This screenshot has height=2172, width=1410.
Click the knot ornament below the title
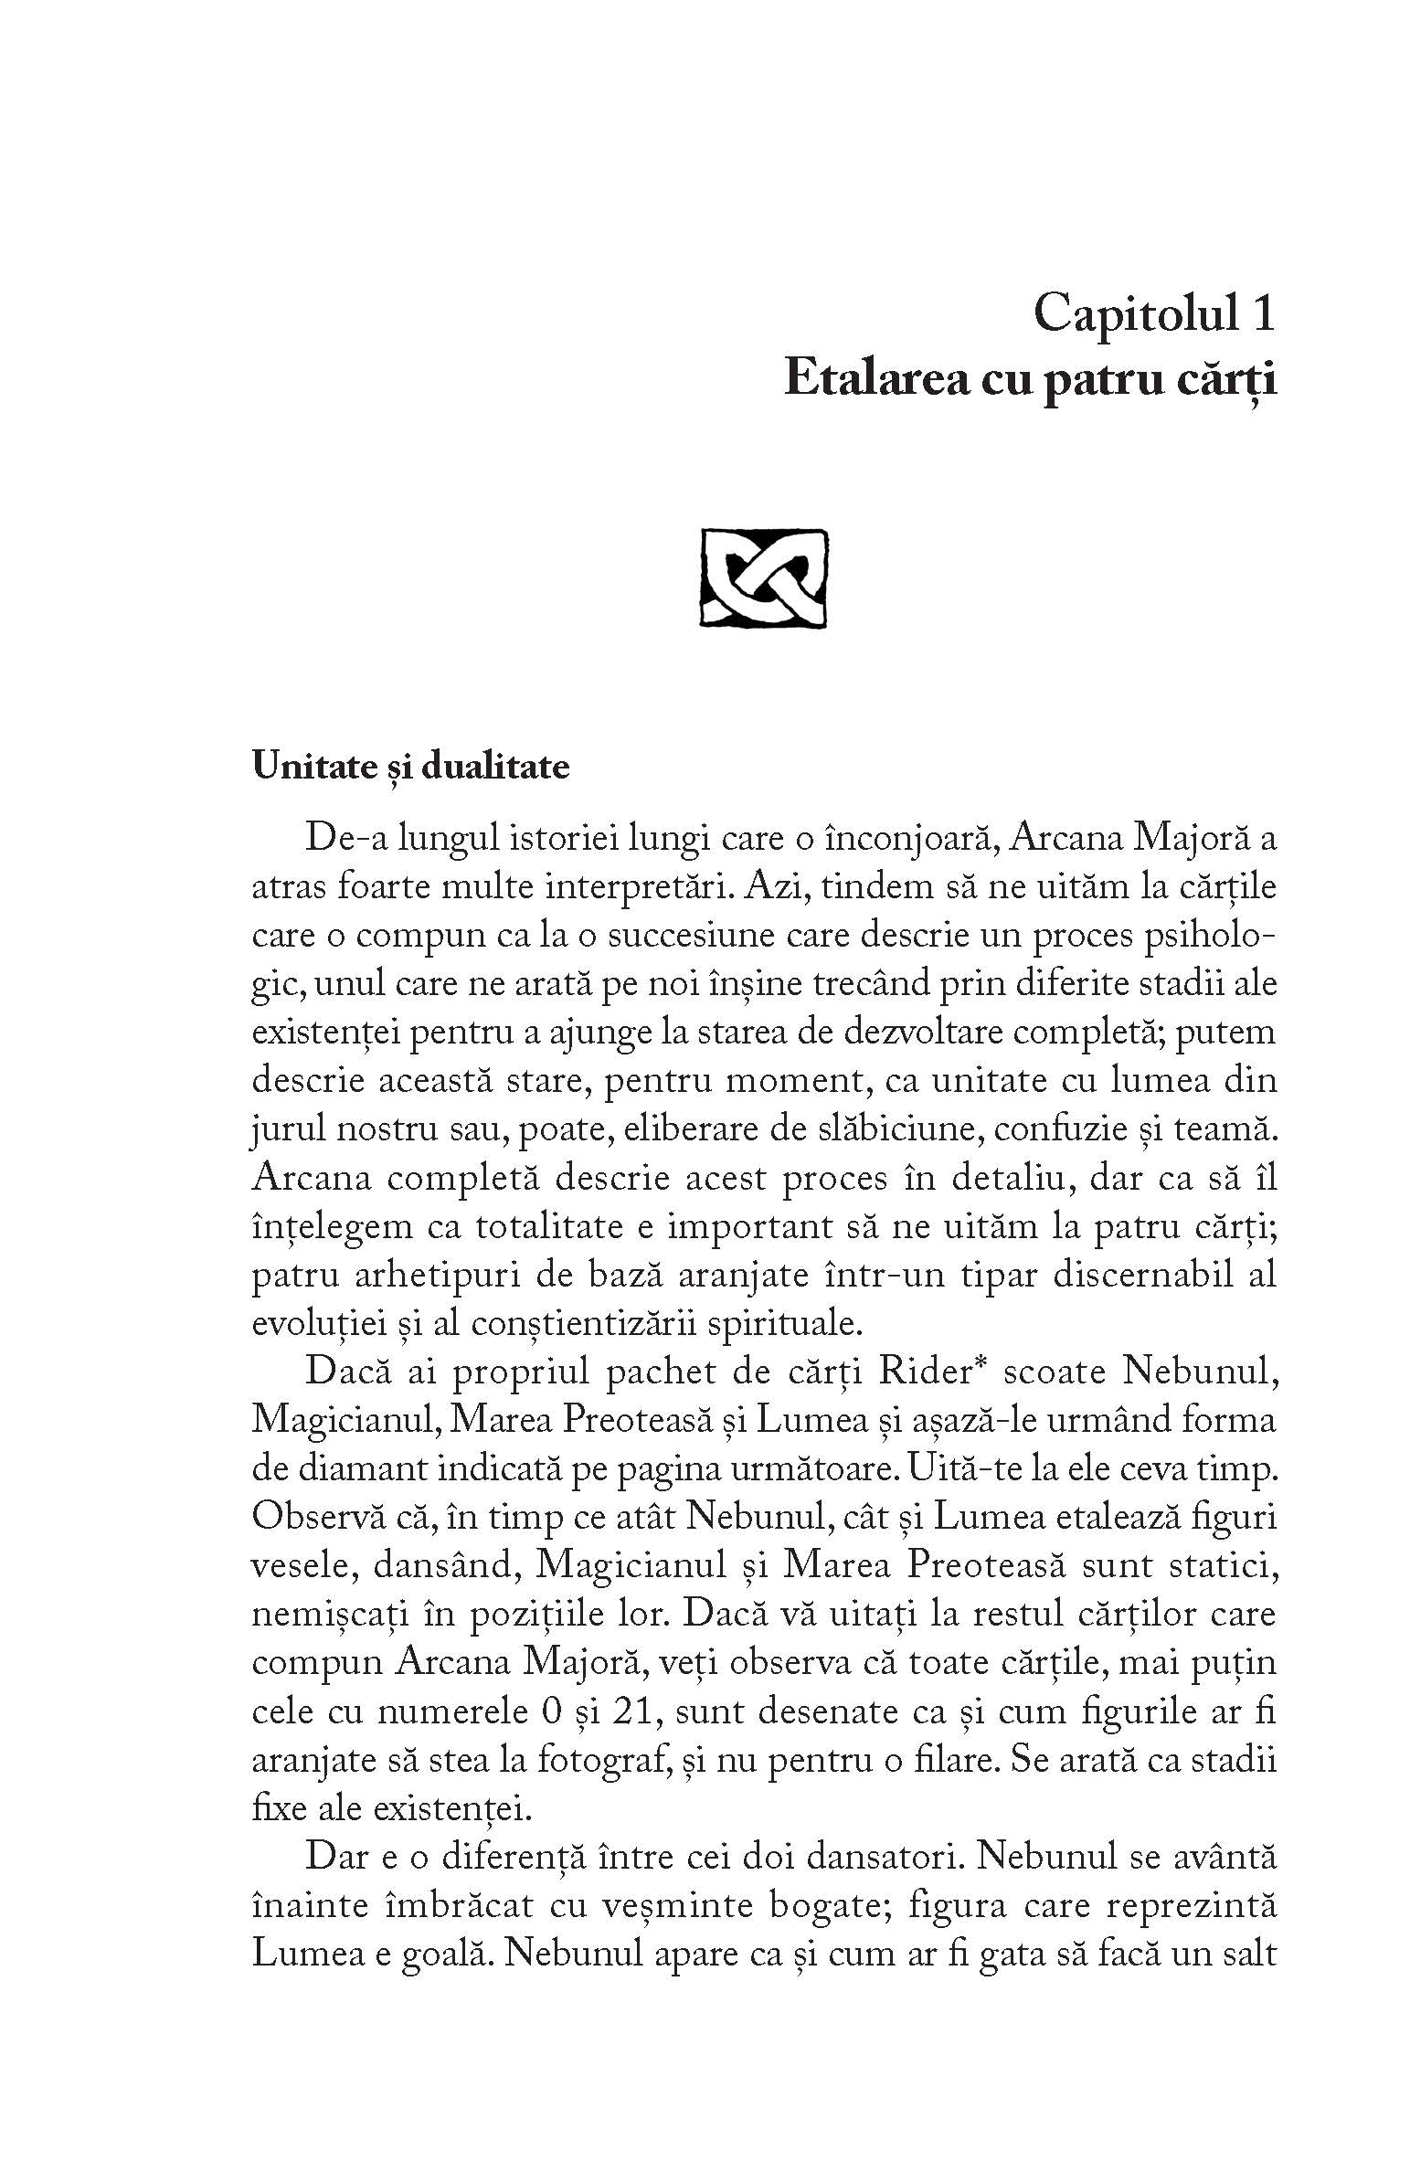(x=763, y=578)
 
